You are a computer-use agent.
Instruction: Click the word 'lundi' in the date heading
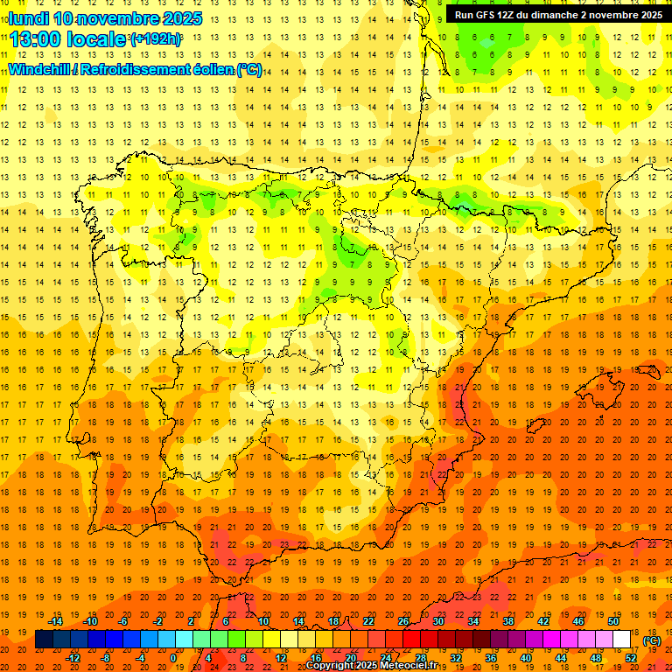[x=29, y=18]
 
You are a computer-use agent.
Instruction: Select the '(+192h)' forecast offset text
[x=155, y=38]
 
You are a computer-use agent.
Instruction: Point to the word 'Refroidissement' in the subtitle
[x=141, y=69]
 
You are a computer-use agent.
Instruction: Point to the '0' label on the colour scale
[x=173, y=658]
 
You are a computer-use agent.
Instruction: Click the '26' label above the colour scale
[x=403, y=621]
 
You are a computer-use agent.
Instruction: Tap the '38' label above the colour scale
[x=507, y=621]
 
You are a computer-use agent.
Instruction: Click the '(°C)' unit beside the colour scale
[x=652, y=640]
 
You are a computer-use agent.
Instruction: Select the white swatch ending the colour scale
[x=621, y=640]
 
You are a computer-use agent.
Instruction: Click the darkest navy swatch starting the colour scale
[x=44, y=640]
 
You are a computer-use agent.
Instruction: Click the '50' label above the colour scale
[x=612, y=621]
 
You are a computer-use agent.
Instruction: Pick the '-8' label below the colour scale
[x=105, y=658]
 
